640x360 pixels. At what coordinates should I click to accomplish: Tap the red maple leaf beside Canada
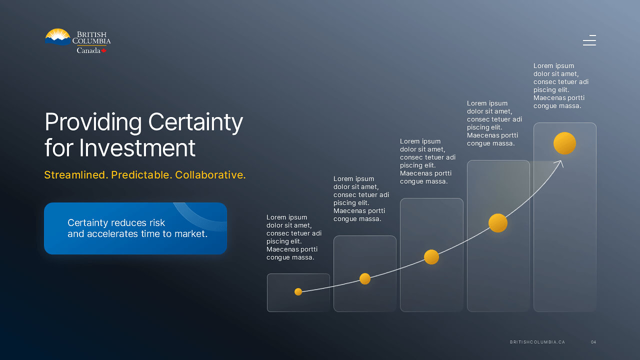tap(103, 50)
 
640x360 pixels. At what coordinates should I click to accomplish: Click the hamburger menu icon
tap(589, 40)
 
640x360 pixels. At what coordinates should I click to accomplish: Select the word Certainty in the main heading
tap(195, 122)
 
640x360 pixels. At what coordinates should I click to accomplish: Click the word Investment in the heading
tap(137, 148)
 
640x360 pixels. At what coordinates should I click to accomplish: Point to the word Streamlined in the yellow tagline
tap(75, 175)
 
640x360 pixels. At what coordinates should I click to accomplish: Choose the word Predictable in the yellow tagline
tap(140, 175)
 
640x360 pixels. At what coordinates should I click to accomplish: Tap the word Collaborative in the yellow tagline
tap(209, 175)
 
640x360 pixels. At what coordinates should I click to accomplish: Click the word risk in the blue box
tap(156, 222)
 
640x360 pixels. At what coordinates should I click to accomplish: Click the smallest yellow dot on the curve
tap(298, 291)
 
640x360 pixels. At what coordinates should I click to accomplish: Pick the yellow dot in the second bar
tap(365, 278)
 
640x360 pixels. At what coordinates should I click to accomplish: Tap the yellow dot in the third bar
tap(431, 257)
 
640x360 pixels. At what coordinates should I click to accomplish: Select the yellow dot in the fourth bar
tap(498, 223)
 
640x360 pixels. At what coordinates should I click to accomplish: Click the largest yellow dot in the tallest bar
tap(564, 143)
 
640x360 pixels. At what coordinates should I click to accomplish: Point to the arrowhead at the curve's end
tap(560, 162)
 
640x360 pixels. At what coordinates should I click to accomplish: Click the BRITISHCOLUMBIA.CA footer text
tap(537, 342)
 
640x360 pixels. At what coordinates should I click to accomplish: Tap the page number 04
tap(593, 342)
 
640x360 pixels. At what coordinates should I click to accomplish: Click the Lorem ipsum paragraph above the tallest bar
tap(561, 85)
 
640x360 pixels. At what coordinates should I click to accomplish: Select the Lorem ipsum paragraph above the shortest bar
tap(294, 237)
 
